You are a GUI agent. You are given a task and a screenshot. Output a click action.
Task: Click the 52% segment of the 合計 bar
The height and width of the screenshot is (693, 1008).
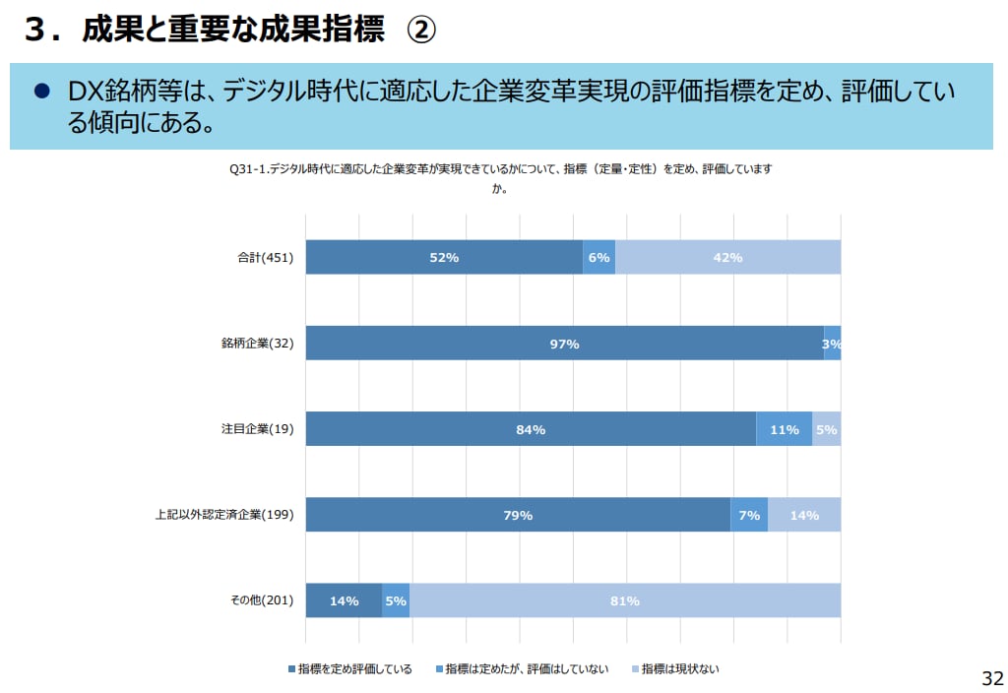click(444, 257)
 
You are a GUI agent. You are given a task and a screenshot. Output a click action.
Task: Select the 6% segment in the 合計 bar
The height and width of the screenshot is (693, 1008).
click(598, 257)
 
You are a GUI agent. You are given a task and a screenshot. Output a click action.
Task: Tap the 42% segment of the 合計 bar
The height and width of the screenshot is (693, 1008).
click(727, 257)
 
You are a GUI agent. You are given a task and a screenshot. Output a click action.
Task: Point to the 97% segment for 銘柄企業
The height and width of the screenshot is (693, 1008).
click(564, 344)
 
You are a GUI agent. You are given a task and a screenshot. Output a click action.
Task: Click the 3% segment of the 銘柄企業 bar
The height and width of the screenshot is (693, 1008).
click(833, 344)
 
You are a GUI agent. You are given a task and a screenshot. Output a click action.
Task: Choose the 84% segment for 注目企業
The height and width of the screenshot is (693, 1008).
click(531, 429)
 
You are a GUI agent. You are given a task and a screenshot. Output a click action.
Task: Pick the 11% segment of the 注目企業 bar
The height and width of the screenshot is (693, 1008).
click(784, 429)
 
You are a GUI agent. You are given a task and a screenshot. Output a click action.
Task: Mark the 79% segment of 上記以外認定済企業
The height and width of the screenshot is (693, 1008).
click(518, 515)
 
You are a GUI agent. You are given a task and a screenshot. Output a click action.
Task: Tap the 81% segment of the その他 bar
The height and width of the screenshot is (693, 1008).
click(625, 600)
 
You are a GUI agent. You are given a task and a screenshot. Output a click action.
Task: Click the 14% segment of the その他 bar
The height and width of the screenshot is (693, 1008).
click(344, 600)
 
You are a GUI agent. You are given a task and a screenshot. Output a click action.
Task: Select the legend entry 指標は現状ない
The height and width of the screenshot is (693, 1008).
click(680, 669)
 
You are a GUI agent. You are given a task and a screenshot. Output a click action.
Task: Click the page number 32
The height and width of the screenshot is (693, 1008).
click(992, 678)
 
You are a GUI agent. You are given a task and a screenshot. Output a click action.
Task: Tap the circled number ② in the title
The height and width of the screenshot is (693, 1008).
click(420, 31)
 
